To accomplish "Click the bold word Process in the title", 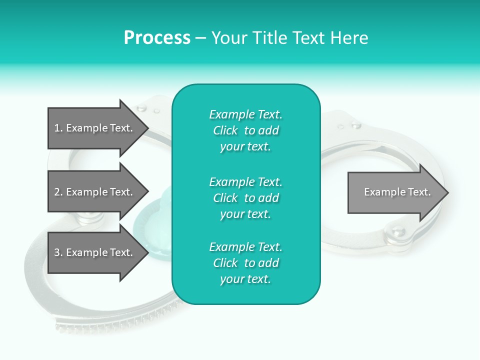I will pos(157,38).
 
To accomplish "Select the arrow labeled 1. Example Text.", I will pos(95,128).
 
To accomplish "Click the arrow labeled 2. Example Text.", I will pos(95,192).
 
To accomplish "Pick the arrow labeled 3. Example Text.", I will pos(95,252).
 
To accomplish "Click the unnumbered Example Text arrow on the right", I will pos(395,192).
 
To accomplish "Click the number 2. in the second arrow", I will pos(58,192).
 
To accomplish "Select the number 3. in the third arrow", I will pos(58,252).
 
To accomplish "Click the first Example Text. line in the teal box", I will pos(245,114).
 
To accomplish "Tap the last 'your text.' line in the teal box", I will pos(245,279).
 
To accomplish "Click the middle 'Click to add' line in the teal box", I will pos(245,198).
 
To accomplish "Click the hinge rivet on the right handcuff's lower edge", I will pos(397,230).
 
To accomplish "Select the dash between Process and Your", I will pos(200,38).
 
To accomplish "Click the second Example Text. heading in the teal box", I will pos(245,181).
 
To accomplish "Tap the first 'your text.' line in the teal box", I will pos(245,147).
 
